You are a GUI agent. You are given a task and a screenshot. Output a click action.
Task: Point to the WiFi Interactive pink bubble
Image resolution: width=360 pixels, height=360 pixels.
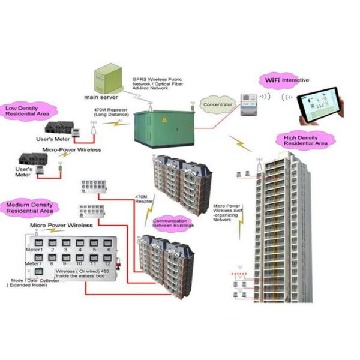click(284, 79)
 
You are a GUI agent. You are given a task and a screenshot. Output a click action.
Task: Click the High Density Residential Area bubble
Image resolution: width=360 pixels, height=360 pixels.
click(305, 140)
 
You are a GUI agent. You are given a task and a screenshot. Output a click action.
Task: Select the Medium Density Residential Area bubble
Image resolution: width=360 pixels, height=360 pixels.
click(29, 208)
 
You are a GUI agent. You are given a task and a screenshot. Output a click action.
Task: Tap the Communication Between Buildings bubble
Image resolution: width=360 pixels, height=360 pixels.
click(173, 223)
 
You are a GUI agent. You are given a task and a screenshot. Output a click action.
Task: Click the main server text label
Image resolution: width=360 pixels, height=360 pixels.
click(101, 96)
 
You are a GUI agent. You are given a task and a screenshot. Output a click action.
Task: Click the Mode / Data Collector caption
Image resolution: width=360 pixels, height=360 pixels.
click(35, 283)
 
